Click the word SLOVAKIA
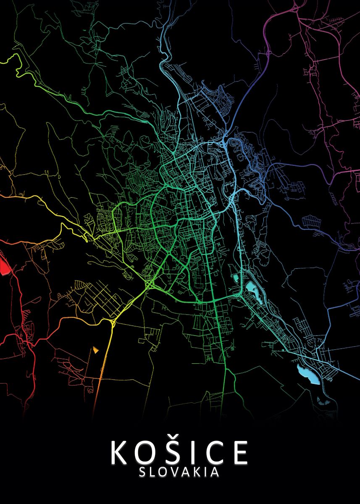pos(179,472)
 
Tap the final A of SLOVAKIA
pos(215,472)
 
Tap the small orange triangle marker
pos(97,349)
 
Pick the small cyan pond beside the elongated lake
pos(235,278)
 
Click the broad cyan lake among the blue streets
pos(309,374)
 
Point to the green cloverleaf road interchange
pos(150,286)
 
